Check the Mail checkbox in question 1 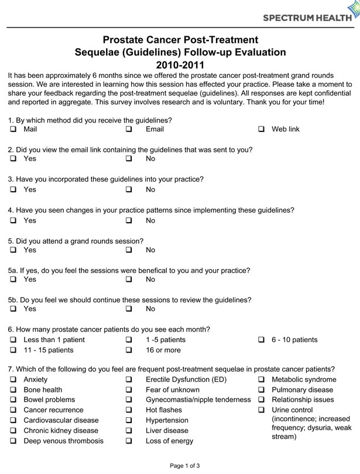(x=12, y=129)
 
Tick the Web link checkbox (x=261, y=129)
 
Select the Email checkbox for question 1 (x=129, y=129)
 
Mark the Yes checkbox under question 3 (x=12, y=190)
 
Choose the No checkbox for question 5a (x=129, y=279)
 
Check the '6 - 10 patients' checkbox (x=261, y=340)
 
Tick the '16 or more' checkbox (x=129, y=350)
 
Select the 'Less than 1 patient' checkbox (x=12, y=340)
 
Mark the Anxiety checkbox (x=12, y=380)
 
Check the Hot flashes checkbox (x=129, y=410)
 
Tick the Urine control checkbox (x=261, y=410)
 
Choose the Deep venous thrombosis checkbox (x=12, y=441)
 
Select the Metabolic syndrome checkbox (x=261, y=380)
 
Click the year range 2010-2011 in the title (x=180, y=64)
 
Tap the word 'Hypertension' (x=167, y=421)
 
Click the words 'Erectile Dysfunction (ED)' (x=186, y=380)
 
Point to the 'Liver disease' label (x=167, y=431)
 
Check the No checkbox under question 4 (x=129, y=221)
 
